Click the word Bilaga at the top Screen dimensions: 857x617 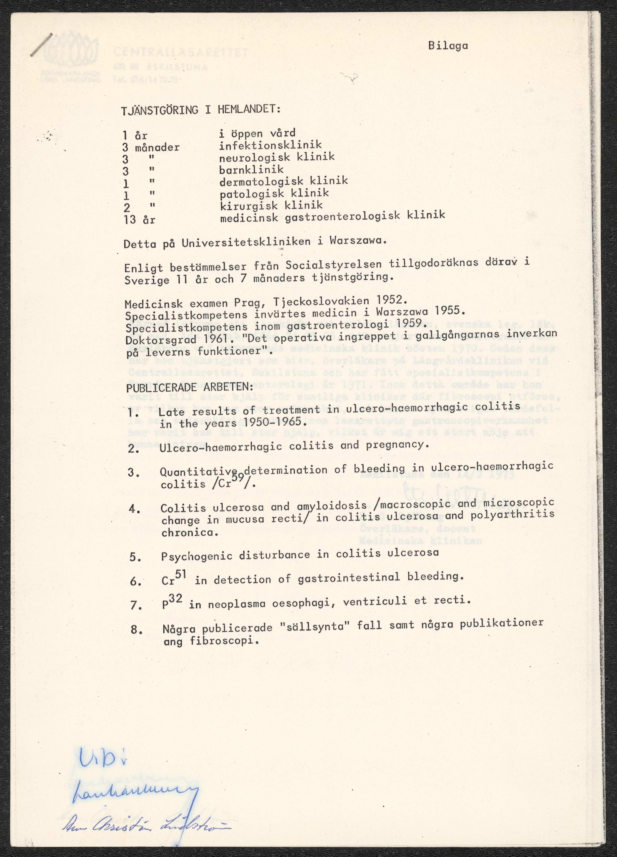(448, 46)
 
